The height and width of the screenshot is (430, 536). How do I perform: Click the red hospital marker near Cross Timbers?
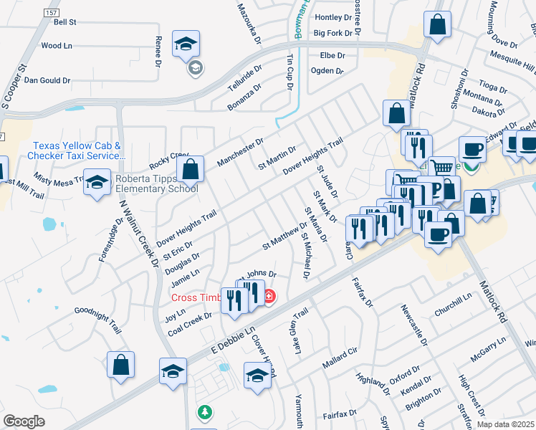(269, 296)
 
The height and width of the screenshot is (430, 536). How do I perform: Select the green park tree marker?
(205, 413)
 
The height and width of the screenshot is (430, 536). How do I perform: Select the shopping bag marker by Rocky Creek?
(191, 171)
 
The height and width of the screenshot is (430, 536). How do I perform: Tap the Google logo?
(24, 421)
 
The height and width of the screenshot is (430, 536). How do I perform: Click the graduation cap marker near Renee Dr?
(186, 45)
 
